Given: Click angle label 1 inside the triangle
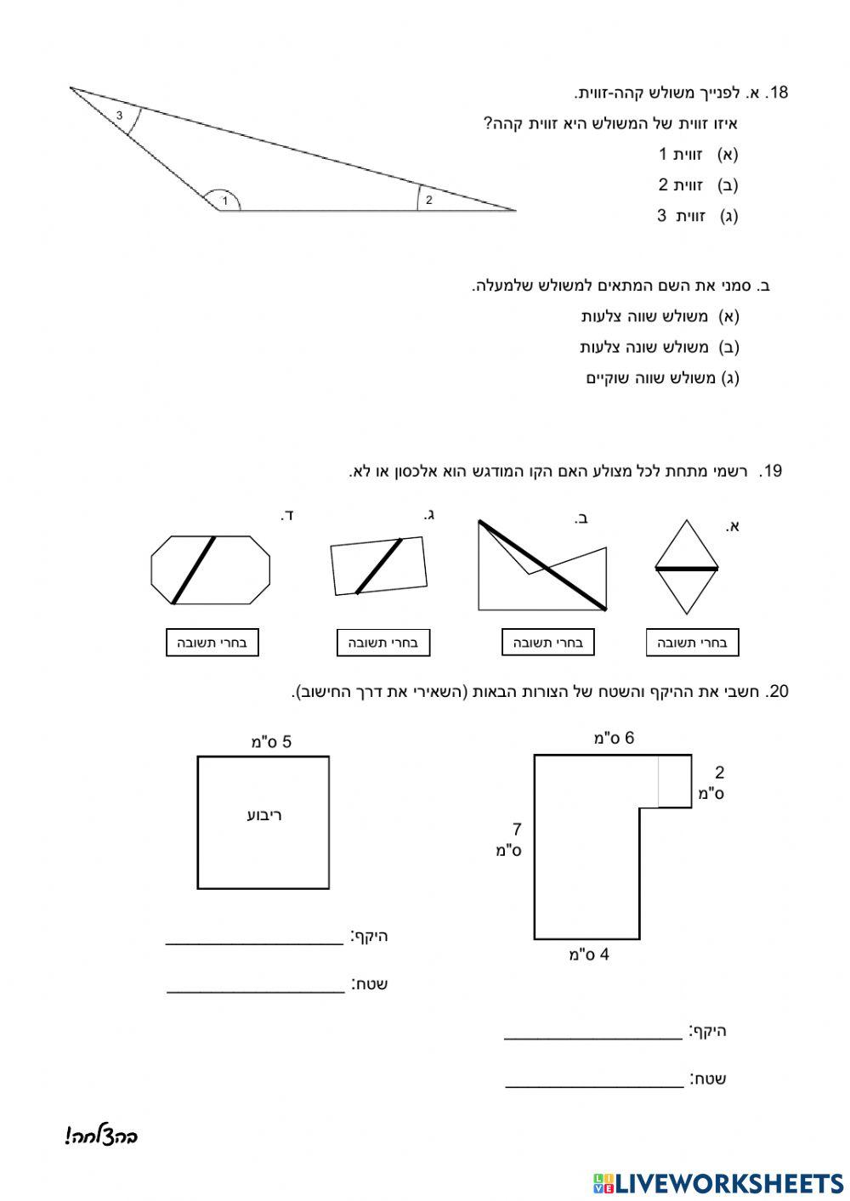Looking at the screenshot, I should coord(224,201).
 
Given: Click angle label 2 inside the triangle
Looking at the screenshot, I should coord(429,201).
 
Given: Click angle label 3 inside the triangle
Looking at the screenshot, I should coord(120,115).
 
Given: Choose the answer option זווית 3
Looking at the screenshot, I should coord(697,216).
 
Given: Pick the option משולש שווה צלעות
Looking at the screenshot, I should coord(660,316).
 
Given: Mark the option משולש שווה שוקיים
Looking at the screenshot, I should coord(662,377).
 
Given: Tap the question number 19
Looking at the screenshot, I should coord(772,471).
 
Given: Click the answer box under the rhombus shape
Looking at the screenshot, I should coord(692,643).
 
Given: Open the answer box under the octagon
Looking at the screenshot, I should coord(212,643).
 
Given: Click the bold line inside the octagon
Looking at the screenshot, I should coord(194,569).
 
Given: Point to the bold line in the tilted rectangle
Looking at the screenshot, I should coord(378,566).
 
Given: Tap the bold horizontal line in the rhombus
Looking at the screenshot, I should coord(687,568).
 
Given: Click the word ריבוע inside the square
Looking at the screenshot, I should coord(263,815).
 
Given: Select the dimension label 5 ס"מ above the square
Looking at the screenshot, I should coord(271,742).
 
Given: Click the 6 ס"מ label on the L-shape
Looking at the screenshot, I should coord(614,738).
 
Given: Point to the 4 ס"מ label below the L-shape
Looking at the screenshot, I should coord(589,955).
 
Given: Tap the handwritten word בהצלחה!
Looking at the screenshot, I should coord(101,1136).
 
